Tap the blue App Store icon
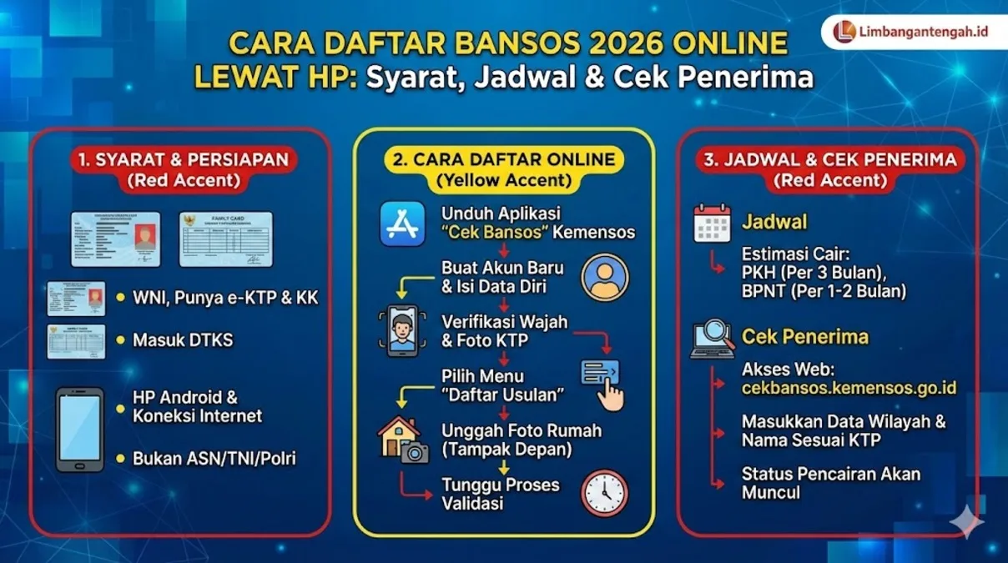402,223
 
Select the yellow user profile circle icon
606,276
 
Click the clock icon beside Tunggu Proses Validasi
604,493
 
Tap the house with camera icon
402,440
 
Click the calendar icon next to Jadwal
712,224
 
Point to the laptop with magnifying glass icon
712,338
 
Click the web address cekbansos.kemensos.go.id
849,388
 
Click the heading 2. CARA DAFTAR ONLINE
503,158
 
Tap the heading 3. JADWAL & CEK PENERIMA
829,158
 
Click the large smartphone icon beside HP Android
80,430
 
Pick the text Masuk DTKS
183,339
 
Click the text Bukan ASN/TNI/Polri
214,458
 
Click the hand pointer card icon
603,382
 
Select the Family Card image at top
225,239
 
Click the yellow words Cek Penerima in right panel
804,337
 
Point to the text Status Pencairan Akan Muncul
830,483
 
